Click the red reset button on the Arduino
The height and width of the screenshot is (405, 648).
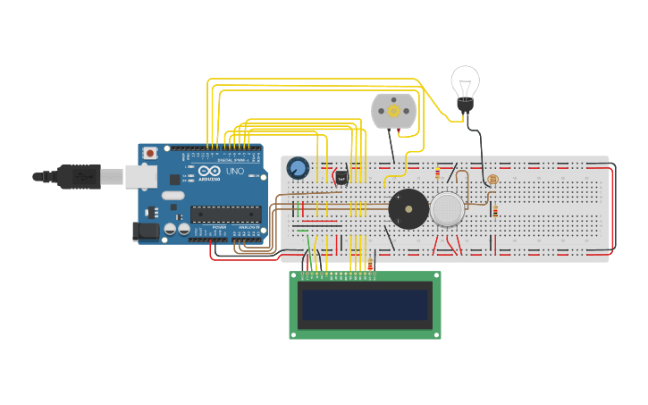click(x=150, y=153)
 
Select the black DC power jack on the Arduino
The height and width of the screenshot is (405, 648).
click(x=147, y=232)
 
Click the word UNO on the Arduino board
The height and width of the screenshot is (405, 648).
click(x=235, y=171)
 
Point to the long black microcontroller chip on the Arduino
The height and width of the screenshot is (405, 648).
click(x=225, y=214)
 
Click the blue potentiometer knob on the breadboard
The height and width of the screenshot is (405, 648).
click(x=298, y=168)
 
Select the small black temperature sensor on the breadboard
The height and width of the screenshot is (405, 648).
click(x=341, y=178)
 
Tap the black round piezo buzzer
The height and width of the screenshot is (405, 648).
click(x=408, y=209)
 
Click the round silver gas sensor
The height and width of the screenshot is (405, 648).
click(x=447, y=209)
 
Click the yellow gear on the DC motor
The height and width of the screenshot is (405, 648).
click(x=393, y=111)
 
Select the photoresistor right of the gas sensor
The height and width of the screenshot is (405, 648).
click(x=492, y=180)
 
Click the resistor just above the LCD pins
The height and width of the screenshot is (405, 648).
click(x=370, y=264)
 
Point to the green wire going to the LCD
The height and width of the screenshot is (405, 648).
click(x=310, y=246)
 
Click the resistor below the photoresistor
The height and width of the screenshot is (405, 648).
click(x=495, y=212)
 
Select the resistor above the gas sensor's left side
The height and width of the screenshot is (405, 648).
click(x=437, y=173)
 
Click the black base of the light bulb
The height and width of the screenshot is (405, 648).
click(x=465, y=105)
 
